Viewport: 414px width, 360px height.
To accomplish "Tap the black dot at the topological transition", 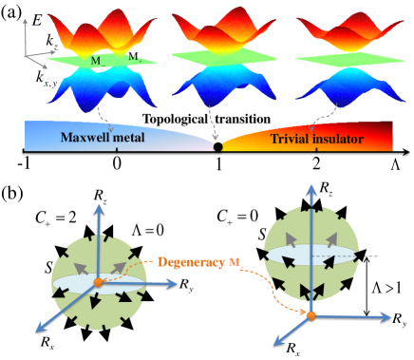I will tap(219, 148).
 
